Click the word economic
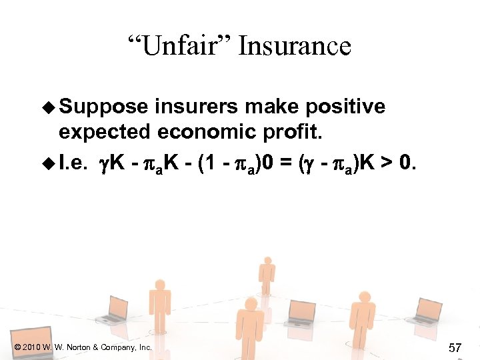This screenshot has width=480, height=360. point(202,132)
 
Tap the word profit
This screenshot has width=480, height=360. point(293,132)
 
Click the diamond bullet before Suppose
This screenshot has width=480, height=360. point(46,107)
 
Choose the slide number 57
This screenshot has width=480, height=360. point(456,347)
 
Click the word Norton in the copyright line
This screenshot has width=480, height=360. point(79,347)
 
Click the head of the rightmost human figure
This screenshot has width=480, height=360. point(364,298)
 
